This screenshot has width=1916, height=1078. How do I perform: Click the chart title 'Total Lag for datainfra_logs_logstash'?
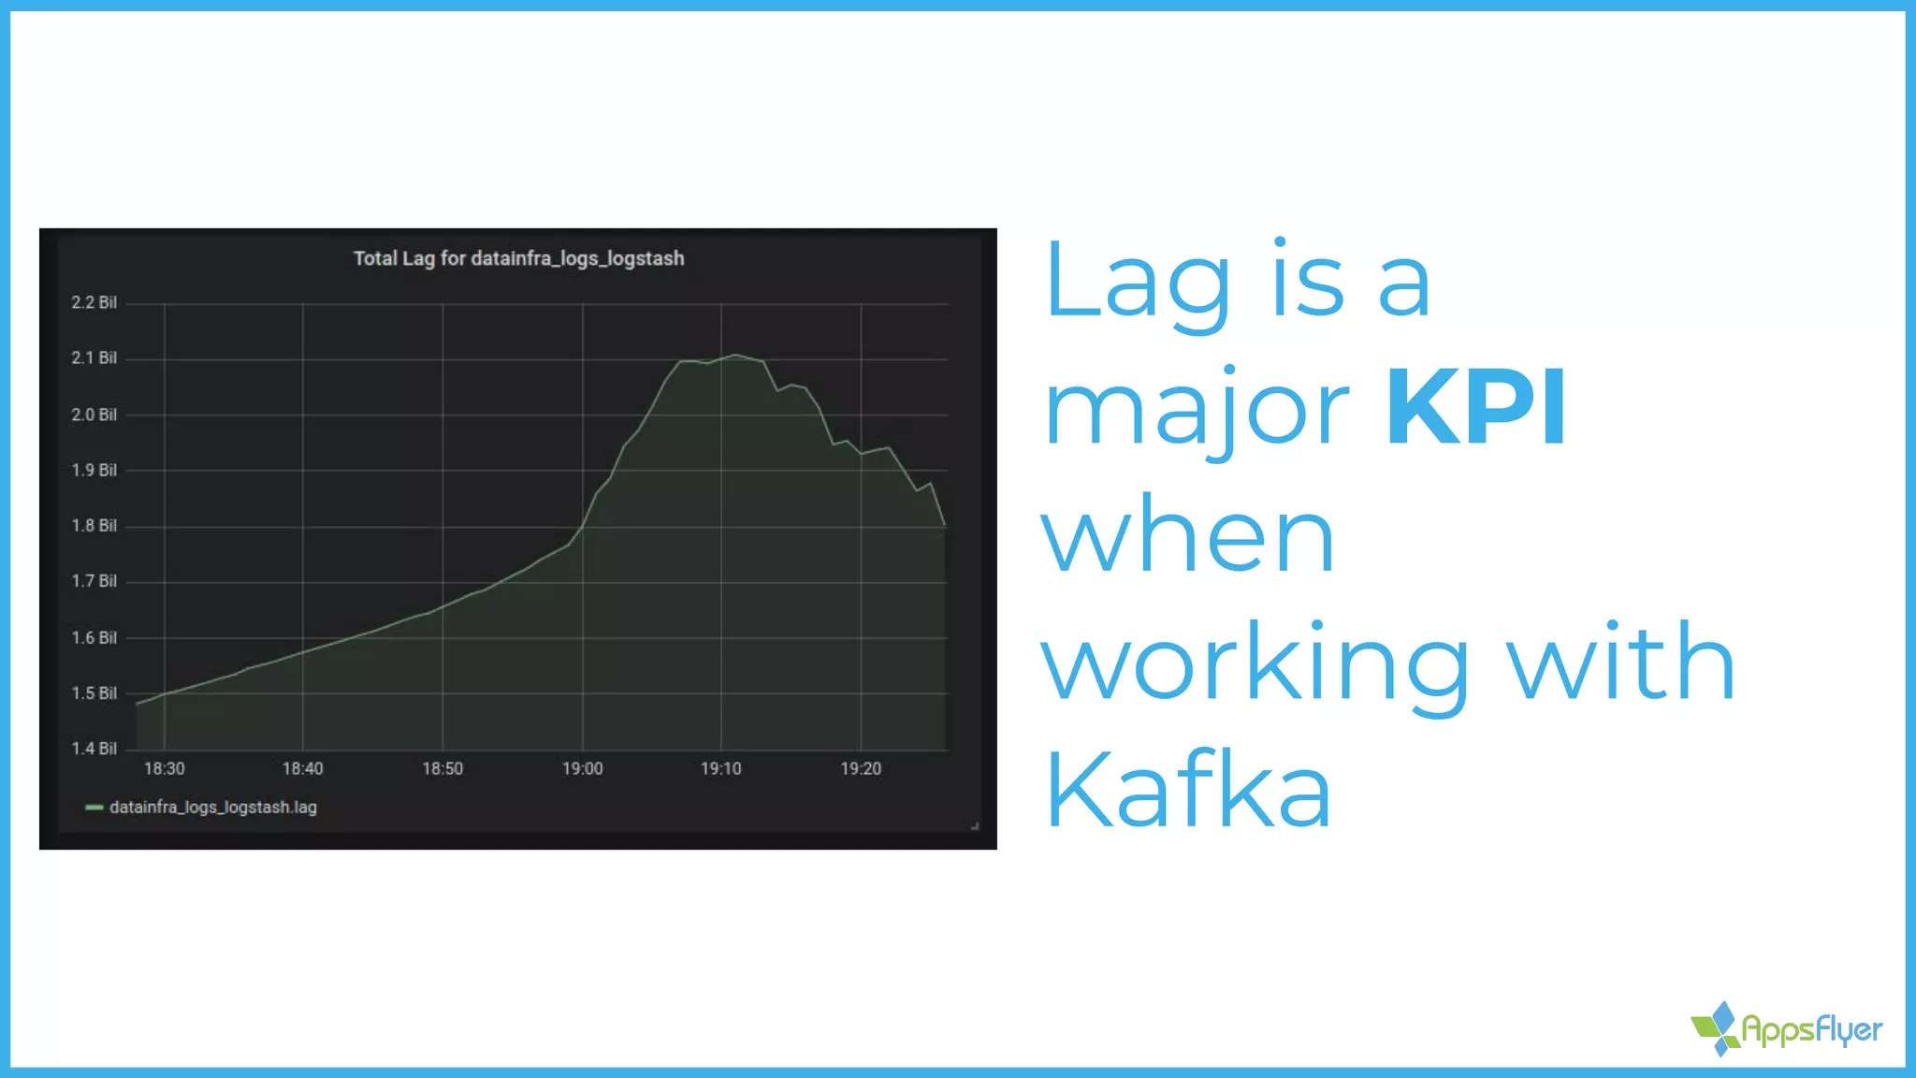[518, 258]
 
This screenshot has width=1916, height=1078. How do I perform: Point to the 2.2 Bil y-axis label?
[94, 302]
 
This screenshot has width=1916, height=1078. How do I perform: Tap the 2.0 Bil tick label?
[94, 415]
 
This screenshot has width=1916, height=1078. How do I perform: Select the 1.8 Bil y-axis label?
[94, 526]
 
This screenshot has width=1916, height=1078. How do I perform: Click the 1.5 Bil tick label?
[94, 693]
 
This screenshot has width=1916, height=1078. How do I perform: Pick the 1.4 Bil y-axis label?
[94, 749]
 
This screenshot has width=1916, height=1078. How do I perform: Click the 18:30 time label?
[164, 769]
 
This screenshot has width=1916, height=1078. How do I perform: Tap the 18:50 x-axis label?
[443, 769]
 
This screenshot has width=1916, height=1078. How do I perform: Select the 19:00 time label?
[582, 769]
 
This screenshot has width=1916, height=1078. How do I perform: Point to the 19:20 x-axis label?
[861, 769]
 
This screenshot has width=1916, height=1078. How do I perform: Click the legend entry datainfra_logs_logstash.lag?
[212, 808]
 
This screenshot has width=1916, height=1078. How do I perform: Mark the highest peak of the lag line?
[736, 355]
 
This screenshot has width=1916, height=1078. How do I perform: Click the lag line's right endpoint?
[945, 526]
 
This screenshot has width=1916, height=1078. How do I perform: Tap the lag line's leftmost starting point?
[138, 704]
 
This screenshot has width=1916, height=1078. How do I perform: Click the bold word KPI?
[1475, 408]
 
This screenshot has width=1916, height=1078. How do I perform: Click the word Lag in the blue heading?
[1138, 282]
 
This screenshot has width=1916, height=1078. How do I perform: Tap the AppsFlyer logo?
[1787, 1029]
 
